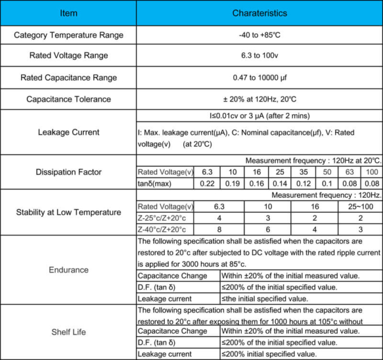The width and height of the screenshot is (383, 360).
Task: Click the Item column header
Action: (68, 13)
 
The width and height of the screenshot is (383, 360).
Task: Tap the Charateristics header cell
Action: (259, 13)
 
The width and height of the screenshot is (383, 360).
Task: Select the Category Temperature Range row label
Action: (68, 35)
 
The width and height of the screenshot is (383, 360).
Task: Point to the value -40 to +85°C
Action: (259, 35)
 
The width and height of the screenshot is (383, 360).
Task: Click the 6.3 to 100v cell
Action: (259, 56)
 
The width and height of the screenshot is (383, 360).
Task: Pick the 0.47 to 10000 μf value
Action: (259, 78)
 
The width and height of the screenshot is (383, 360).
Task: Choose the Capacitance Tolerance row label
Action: (68, 99)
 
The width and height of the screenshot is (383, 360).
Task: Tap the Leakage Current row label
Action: (68, 132)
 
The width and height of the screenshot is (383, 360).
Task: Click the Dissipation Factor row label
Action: (68, 172)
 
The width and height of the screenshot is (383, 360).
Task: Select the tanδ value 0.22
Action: (207, 184)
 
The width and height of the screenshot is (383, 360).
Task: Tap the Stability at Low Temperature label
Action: (68, 212)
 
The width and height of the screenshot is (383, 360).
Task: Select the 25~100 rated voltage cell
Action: (359, 207)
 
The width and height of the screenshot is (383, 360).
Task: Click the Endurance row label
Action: (68, 269)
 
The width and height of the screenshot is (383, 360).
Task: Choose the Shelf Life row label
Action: (68, 331)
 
